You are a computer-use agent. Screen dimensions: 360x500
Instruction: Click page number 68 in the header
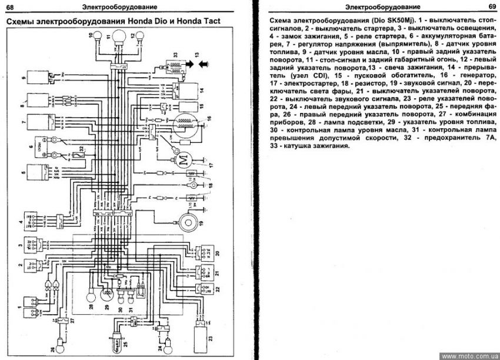coord(10,6)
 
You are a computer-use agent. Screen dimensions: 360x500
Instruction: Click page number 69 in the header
coord(491,6)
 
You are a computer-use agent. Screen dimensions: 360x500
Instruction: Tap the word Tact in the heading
coord(209,22)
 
